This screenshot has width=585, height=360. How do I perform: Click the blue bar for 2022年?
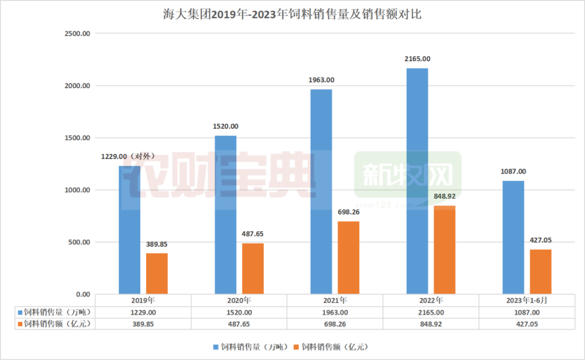click(x=417, y=181)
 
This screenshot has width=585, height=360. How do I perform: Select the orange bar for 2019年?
click(x=157, y=273)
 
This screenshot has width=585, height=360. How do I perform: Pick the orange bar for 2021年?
click(x=348, y=258)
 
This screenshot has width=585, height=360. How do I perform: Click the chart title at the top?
click(x=292, y=15)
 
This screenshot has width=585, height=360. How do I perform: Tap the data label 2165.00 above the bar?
click(x=417, y=59)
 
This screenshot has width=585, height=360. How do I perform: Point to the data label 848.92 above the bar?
click(x=444, y=197)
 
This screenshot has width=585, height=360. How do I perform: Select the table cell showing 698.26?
click(x=335, y=324)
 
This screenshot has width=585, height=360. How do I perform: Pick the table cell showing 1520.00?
click(x=239, y=312)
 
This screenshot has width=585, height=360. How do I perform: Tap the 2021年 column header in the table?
click(x=335, y=300)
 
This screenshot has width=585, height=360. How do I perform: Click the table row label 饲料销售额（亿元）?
click(x=53, y=324)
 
